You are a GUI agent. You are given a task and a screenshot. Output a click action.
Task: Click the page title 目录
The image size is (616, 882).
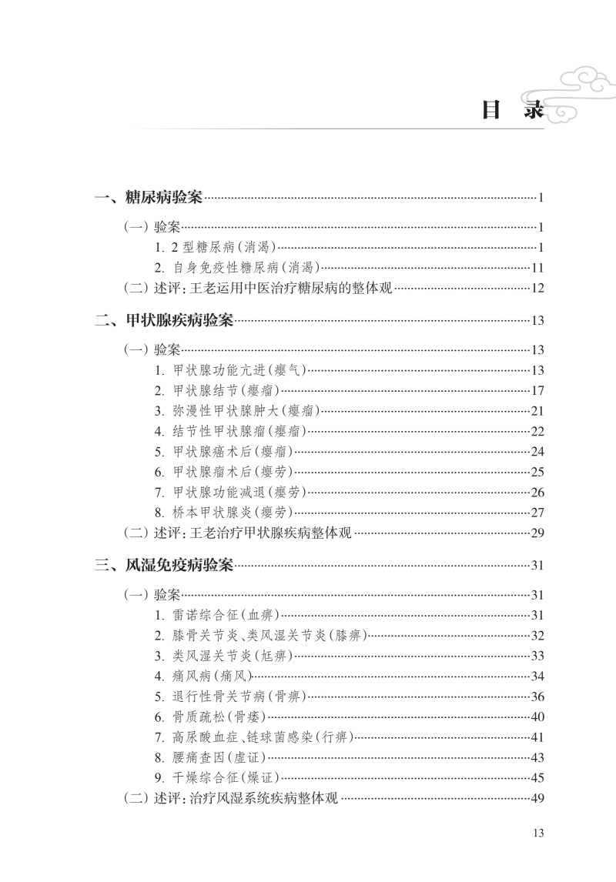coord(511,110)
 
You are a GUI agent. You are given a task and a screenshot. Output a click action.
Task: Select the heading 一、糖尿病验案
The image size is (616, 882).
coord(149,198)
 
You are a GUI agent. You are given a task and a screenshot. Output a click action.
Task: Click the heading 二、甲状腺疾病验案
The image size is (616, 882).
coord(164,320)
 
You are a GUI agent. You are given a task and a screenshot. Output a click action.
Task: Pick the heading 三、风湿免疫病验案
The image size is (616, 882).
coord(164,566)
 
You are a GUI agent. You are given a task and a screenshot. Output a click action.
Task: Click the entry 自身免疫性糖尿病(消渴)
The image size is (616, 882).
coord(236,268)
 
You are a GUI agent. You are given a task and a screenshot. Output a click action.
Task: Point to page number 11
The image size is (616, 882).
coord(537,268)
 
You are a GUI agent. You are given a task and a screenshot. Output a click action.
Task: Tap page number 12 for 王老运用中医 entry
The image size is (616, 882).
coord(537,289)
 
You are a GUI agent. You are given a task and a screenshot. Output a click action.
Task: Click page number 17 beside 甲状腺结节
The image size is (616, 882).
coord(537,390)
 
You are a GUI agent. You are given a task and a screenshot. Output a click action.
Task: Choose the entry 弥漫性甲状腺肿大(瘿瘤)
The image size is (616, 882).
coord(236,410)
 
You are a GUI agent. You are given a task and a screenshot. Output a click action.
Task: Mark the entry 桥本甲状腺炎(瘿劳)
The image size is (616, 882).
coord(223,512)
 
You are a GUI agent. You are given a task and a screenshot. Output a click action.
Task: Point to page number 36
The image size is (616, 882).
coord(537,697)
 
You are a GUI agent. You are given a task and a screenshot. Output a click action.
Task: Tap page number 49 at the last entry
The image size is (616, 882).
coord(537,797)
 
